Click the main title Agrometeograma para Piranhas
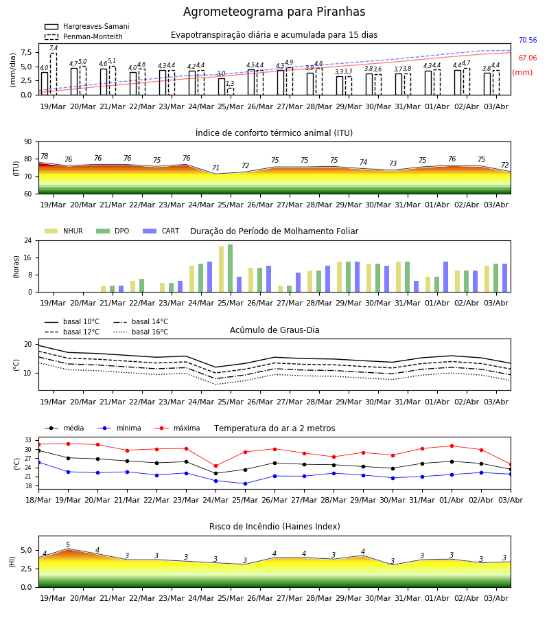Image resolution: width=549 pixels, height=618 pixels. pyautogui.click(x=274, y=12)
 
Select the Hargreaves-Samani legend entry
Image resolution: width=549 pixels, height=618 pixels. pyautogui.click(x=86, y=26)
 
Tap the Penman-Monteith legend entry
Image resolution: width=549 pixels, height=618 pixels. pyautogui.click(x=84, y=36)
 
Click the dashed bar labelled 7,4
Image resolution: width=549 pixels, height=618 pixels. pyautogui.click(x=54, y=74)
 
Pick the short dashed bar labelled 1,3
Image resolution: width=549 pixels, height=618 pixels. pyautogui.click(x=231, y=91)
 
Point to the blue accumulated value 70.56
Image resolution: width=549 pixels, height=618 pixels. pyautogui.click(x=528, y=41)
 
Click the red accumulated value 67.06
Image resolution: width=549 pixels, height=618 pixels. pyautogui.click(x=528, y=58)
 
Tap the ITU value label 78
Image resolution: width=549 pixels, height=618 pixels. pyautogui.click(x=45, y=156)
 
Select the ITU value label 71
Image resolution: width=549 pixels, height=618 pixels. pyautogui.click(x=215, y=168)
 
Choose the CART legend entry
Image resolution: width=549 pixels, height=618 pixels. pyautogui.click(x=161, y=231)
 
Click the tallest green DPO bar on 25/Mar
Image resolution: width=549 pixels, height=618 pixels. pyautogui.click(x=230, y=268)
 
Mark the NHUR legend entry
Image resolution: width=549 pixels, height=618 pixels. pyautogui.click(x=64, y=231)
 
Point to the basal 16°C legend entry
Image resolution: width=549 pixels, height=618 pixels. pyautogui.click(x=141, y=332)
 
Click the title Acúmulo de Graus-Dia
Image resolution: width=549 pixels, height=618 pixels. pyautogui.click(x=274, y=330)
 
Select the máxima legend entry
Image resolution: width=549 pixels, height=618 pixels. pyautogui.click(x=177, y=428)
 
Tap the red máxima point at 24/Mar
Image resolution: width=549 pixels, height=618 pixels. pyautogui.click(x=215, y=466)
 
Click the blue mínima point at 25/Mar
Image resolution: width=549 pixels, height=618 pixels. pyautogui.click(x=246, y=483)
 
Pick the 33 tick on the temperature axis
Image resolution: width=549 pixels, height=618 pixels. pyautogui.click(x=28, y=440)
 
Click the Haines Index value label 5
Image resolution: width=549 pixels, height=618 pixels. pyautogui.click(x=68, y=545)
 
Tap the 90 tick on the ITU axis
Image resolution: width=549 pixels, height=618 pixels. pyautogui.click(x=28, y=142)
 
